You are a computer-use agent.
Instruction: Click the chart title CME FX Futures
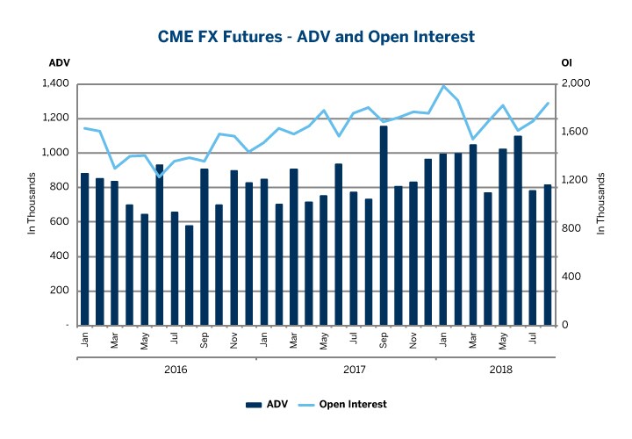[316, 36]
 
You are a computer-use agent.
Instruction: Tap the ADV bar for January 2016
[84, 249]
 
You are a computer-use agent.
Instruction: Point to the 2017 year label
[354, 370]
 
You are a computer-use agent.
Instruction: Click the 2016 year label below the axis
[176, 370]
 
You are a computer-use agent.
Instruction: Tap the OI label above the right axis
[566, 62]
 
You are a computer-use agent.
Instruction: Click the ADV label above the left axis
[60, 62]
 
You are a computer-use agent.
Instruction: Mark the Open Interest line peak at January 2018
[443, 86]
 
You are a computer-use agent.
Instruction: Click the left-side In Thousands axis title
[32, 204]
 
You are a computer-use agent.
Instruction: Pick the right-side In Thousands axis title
[601, 204]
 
